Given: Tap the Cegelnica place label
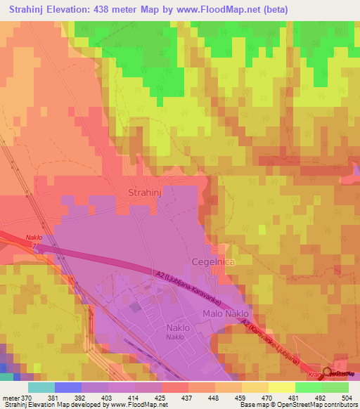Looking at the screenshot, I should [213, 261].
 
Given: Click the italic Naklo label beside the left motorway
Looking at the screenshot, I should [34, 238].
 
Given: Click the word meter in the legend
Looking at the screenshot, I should [10, 397].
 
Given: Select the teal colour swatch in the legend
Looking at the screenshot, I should [41, 387].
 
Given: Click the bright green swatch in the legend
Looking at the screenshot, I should [308, 387].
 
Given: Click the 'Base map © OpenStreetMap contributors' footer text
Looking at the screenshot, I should [298, 405].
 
